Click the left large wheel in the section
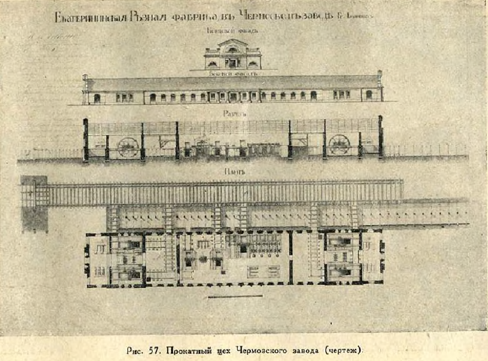coord(129,147)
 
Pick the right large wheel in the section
coord(339,145)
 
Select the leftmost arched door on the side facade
coord(97,98)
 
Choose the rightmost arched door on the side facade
coord(369,95)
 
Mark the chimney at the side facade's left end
coord(85,78)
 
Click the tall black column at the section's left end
coord(86,139)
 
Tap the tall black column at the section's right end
coord(381,137)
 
